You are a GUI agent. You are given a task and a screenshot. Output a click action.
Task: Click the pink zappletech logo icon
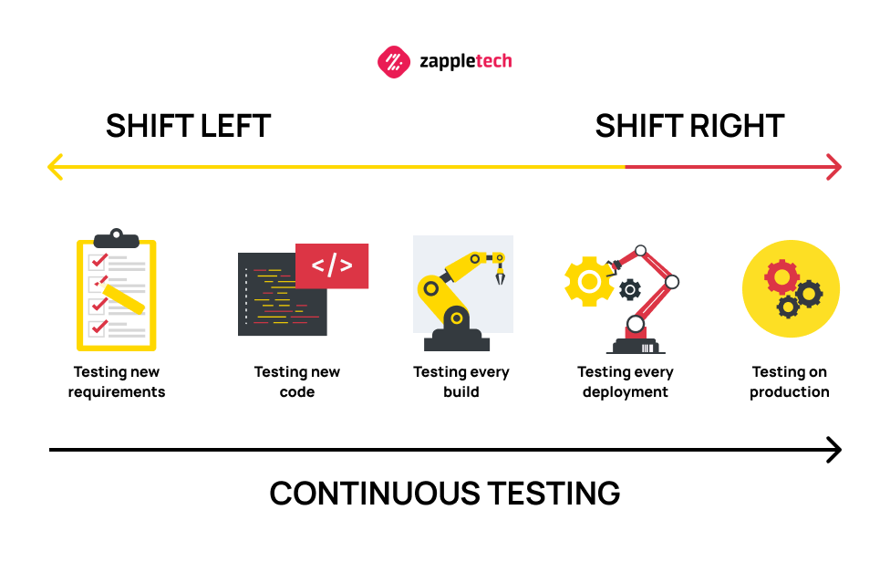point(393,62)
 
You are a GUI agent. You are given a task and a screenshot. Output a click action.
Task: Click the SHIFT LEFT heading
point(188,126)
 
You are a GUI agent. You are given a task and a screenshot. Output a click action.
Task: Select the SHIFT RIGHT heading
point(689,126)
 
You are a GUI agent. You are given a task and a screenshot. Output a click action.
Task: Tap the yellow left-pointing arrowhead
point(55,167)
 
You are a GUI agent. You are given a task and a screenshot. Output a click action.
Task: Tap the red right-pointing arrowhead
point(833,167)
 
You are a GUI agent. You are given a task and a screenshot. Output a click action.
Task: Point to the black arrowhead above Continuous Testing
point(833,450)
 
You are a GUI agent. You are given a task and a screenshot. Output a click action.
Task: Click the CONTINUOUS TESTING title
point(444,494)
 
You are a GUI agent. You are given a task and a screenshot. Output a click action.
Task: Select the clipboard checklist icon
point(117,289)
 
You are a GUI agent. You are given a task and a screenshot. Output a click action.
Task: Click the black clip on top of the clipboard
point(117,238)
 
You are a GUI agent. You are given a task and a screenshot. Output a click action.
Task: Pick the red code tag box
point(332,265)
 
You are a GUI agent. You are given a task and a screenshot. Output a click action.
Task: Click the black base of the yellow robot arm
point(456,340)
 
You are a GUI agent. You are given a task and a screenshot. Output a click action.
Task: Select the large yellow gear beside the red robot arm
point(589,281)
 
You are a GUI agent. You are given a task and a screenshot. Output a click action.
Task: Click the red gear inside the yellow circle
point(781,277)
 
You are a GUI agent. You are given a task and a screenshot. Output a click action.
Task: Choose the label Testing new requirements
point(117,381)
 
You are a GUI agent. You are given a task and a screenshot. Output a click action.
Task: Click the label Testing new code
point(297,381)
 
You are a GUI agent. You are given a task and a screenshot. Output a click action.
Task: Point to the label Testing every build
point(461,381)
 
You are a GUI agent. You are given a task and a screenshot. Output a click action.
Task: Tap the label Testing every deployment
point(626,381)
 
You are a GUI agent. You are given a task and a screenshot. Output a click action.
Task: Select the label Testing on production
point(790,381)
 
